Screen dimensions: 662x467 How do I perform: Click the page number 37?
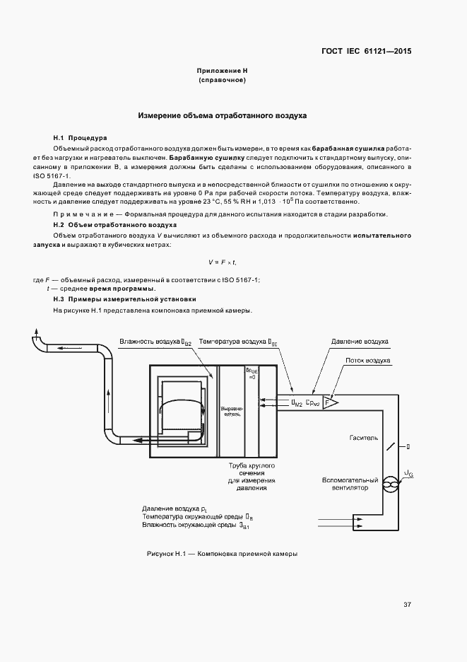tap(407, 605)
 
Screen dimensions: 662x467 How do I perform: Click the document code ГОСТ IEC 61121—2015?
tap(367, 52)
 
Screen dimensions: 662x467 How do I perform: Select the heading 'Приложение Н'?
tap(222, 71)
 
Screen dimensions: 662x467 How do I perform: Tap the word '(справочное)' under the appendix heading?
tap(222, 81)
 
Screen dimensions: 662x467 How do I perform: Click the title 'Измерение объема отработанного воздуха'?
tap(222, 115)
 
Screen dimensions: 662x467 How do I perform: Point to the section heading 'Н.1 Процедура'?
tap(80, 137)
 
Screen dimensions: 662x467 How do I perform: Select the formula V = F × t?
tap(222, 262)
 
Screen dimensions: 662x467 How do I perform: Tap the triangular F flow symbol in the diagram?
tap(331, 401)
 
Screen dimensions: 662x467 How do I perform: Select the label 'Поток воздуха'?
tap(367, 361)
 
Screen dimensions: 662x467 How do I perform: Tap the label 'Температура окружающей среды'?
tap(189, 517)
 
